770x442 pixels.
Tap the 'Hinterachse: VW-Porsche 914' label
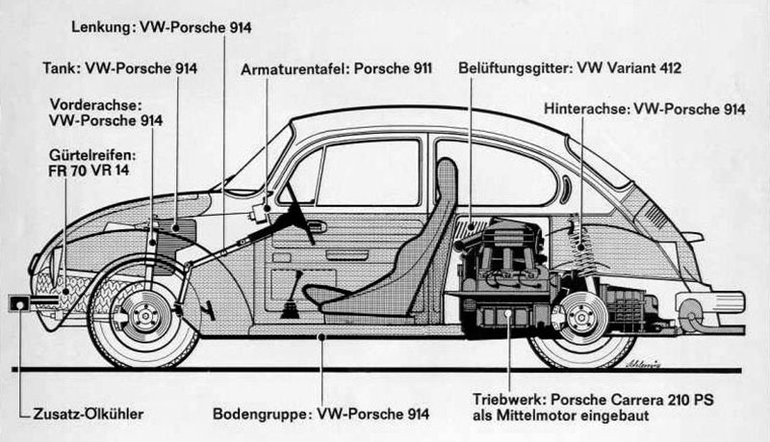[644, 109]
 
